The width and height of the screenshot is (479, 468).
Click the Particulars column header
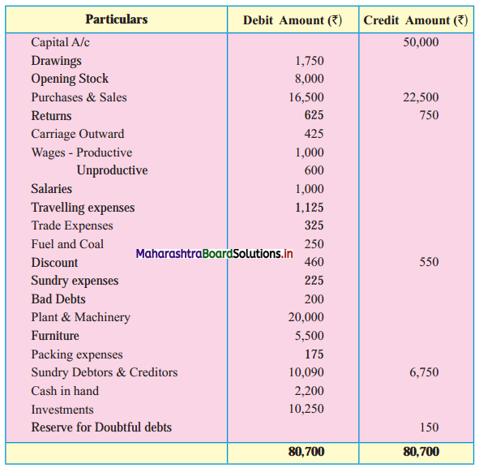(x=117, y=19)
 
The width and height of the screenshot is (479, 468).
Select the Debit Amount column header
(x=293, y=20)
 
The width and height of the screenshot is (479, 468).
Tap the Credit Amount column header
(x=416, y=20)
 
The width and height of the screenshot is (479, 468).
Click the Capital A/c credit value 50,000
(x=421, y=42)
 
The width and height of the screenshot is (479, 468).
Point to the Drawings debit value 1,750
(x=309, y=61)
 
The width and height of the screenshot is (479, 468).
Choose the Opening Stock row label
(x=70, y=79)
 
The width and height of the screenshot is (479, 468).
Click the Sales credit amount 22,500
(x=421, y=97)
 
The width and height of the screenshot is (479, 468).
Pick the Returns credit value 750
(x=429, y=115)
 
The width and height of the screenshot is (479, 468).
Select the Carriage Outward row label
(x=78, y=134)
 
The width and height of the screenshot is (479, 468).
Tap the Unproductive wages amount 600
(x=314, y=170)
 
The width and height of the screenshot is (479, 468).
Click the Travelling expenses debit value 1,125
(x=309, y=208)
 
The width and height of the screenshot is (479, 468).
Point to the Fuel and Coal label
(x=67, y=244)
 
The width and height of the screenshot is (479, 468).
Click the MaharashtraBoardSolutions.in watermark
(x=214, y=254)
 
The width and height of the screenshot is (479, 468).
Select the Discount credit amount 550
(x=429, y=262)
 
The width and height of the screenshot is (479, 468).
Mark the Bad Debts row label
(x=58, y=299)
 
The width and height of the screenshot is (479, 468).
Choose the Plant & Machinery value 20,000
(x=306, y=317)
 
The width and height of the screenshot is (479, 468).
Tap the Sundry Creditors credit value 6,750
(x=424, y=372)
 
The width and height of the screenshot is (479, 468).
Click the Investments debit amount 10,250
(x=306, y=409)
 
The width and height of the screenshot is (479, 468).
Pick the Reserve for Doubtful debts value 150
(x=430, y=427)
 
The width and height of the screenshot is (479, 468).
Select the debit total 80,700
(x=306, y=452)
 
